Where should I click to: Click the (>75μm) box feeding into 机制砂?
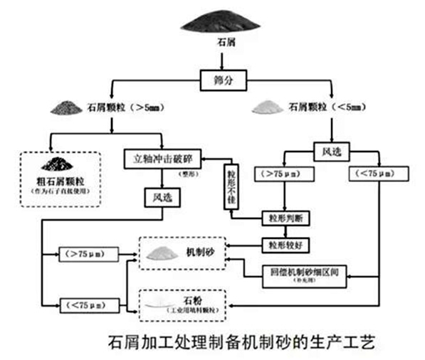86,253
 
